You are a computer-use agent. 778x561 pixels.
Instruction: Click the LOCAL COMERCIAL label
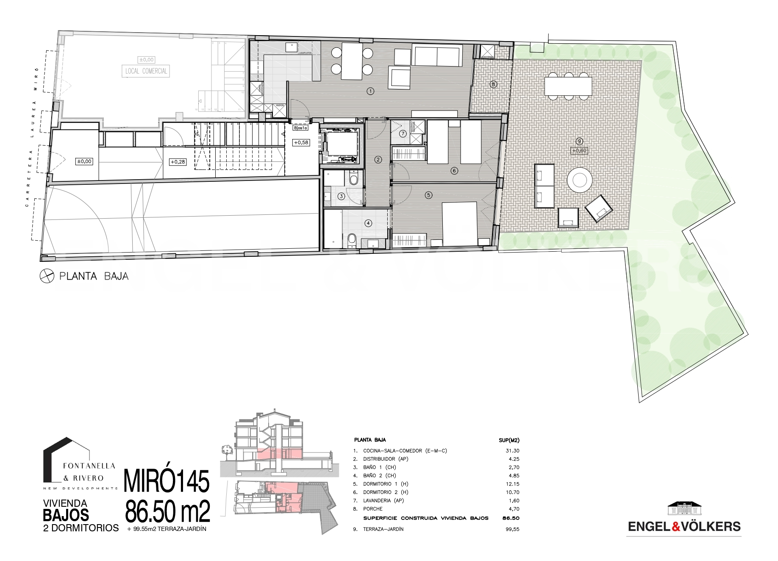coord(146,71)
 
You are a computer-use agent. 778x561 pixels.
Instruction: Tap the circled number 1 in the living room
coord(370,91)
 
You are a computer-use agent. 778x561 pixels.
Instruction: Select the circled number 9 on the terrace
coord(580,141)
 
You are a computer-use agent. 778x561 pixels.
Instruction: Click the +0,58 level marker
coord(301,143)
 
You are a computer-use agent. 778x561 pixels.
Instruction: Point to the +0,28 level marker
coord(178,162)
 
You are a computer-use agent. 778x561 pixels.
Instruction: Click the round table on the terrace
coord(579,180)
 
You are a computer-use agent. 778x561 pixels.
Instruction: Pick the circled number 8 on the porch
coord(493,84)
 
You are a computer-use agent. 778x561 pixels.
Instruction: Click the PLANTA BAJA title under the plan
coord(94,277)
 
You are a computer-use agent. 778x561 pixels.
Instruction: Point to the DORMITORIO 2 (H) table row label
coord(386,492)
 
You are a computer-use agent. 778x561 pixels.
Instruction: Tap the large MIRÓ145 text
coord(167,481)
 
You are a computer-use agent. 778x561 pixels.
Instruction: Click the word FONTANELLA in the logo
coord(89,465)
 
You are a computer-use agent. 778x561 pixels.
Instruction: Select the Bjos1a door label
coord(300,128)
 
